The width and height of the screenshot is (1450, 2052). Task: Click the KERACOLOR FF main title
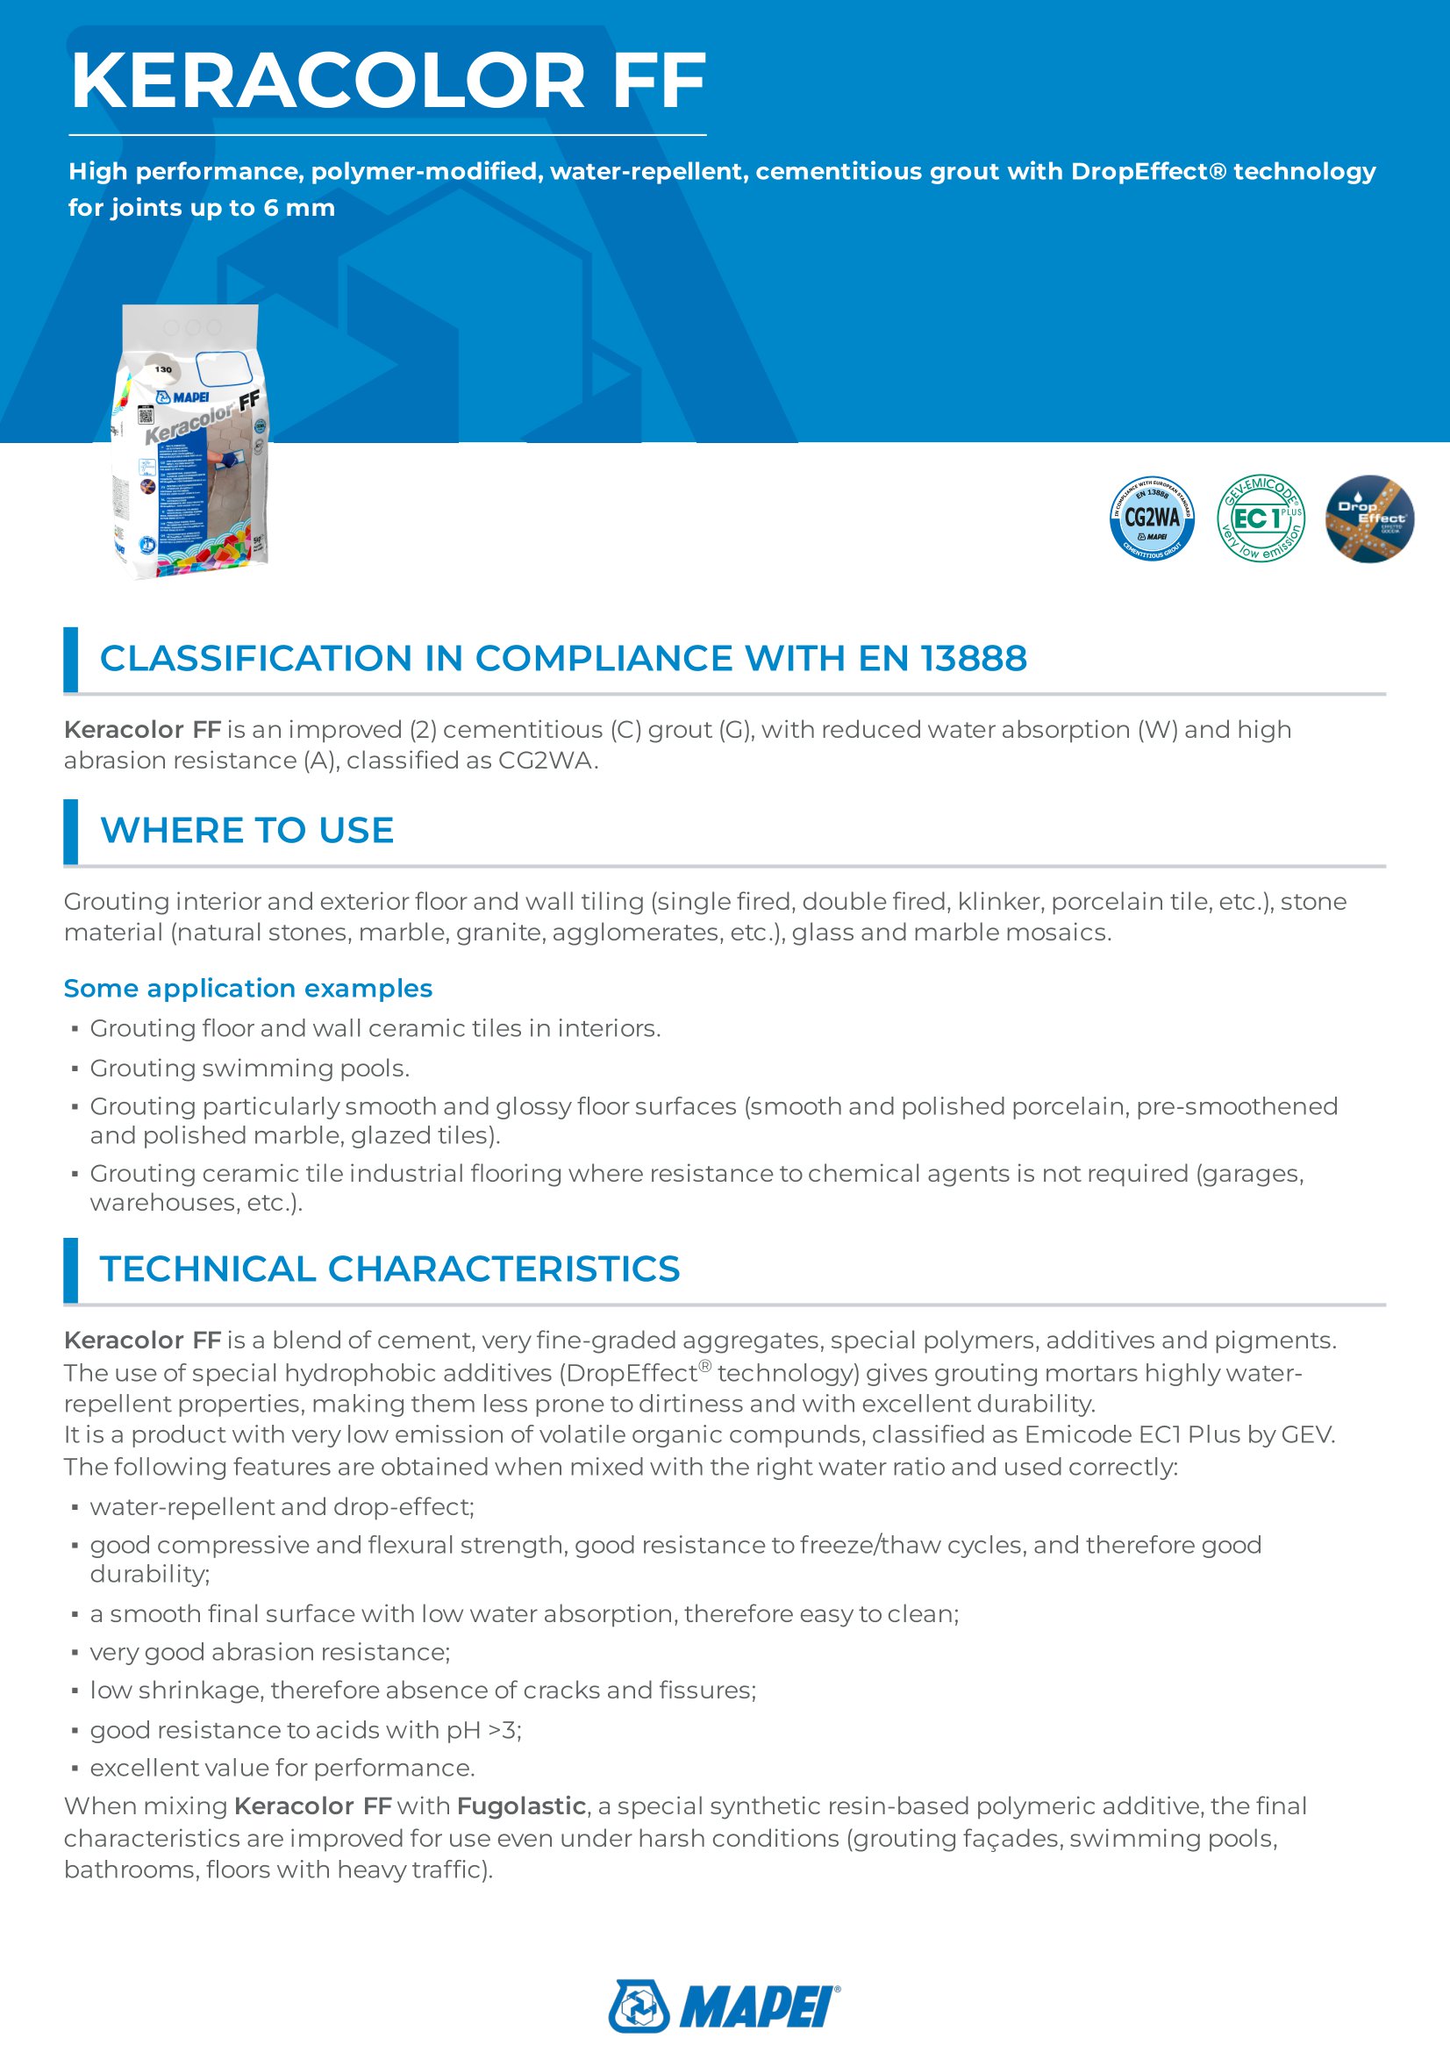point(388,82)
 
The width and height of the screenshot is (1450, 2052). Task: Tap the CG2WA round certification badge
point(1152,518)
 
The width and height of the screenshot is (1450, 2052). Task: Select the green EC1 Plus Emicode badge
point(1261,518)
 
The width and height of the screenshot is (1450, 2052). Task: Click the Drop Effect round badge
point(1368,518)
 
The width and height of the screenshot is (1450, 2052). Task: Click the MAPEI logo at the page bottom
point(724,2006)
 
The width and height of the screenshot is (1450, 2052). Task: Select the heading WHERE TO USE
point(246,830)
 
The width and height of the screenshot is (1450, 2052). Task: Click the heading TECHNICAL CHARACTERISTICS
point(389,1269)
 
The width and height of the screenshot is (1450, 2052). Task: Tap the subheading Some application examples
point(247,988)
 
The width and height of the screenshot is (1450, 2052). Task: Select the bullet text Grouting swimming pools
point(249,1068)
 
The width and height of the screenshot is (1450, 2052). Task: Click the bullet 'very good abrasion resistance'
point(270,1652)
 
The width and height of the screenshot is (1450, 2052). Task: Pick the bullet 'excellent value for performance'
point(282,1768)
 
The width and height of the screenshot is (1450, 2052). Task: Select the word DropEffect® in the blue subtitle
point(1148,172)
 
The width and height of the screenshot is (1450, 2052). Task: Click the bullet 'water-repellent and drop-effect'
point(282,1507)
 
